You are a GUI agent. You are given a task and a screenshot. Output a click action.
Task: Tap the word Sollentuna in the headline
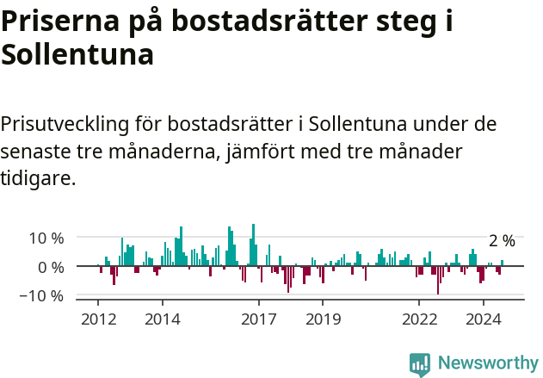[77, 55]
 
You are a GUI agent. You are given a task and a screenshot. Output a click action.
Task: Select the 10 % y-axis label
[46, 238]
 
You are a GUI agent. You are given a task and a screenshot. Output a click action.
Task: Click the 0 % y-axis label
[52, 266]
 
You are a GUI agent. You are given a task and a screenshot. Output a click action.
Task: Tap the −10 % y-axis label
[43, 295]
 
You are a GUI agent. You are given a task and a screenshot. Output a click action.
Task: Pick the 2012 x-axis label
[98, 319]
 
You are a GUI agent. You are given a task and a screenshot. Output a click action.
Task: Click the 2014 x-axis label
[163, 319]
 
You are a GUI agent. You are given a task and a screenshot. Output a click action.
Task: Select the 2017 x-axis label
[259, 319]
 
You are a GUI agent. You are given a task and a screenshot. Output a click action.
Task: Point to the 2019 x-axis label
[323, 319]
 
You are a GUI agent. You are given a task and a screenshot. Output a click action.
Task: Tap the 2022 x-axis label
[419, 319]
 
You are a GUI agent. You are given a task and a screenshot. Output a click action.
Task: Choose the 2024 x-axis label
[484, 319]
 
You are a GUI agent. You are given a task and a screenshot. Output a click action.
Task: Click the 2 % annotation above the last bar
[502, 241]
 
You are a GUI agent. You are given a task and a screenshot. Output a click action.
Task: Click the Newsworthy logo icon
[420, 363]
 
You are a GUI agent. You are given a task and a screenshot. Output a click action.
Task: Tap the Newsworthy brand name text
[487, 363]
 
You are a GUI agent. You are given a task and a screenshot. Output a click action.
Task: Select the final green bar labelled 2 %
[503, 263]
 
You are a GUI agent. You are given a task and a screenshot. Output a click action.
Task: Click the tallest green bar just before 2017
[253, 245]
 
